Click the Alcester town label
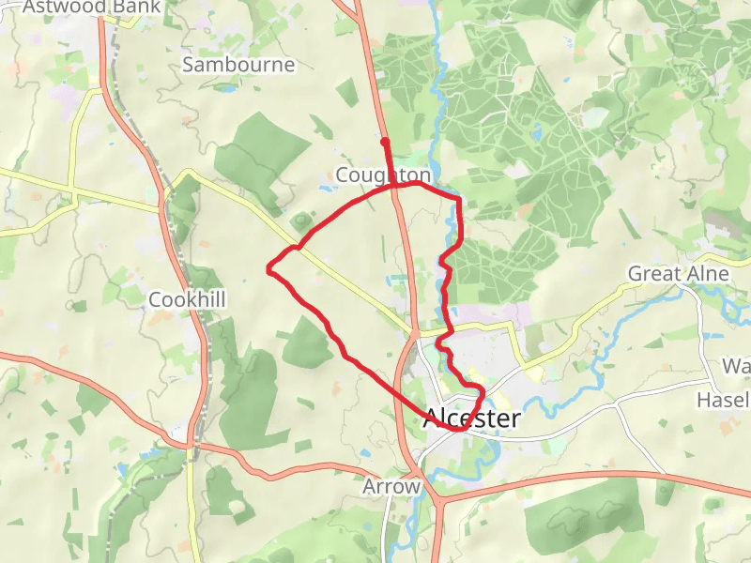point(471,418)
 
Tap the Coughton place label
point(383,175)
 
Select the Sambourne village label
point(238,65)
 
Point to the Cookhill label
point(188,299)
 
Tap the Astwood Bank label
point(90,8)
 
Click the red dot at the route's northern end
point(385,142)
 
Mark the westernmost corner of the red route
point(269,270)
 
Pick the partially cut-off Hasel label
point(722,401)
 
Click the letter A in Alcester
point(433,418)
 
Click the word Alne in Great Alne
point(709,274)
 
